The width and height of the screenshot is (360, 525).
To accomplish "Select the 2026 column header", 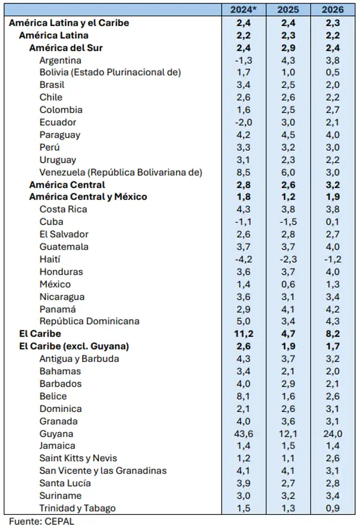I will pyautogui.click(x=334, y=10).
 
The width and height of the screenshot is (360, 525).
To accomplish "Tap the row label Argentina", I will pyautogui.click(x=60, y=60).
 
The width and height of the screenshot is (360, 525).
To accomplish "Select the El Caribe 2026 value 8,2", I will pyautogui.click(x=334, y=334).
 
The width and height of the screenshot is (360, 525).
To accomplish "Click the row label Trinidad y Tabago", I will pyautogui.click(x=78, y=508).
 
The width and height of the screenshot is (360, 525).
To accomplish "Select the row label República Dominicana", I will pyautogui.click(x=89, y=321).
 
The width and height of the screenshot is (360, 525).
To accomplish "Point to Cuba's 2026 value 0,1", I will pyautogui.click(x=334, y=222).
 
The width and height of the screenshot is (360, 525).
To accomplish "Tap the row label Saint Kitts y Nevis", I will pyautogui.click(x=78, y=458).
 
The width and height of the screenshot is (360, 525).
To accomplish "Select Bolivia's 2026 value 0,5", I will pyautogui.click(x=334, y=73).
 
